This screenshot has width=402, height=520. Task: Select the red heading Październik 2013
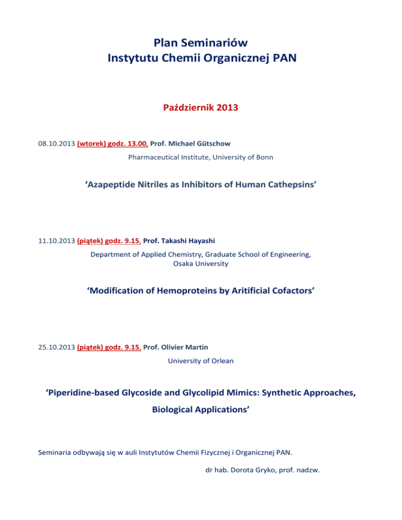(x=200, y=110)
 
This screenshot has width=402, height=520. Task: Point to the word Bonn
(x=262, y=157)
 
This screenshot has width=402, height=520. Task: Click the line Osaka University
(x=200, y=264)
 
